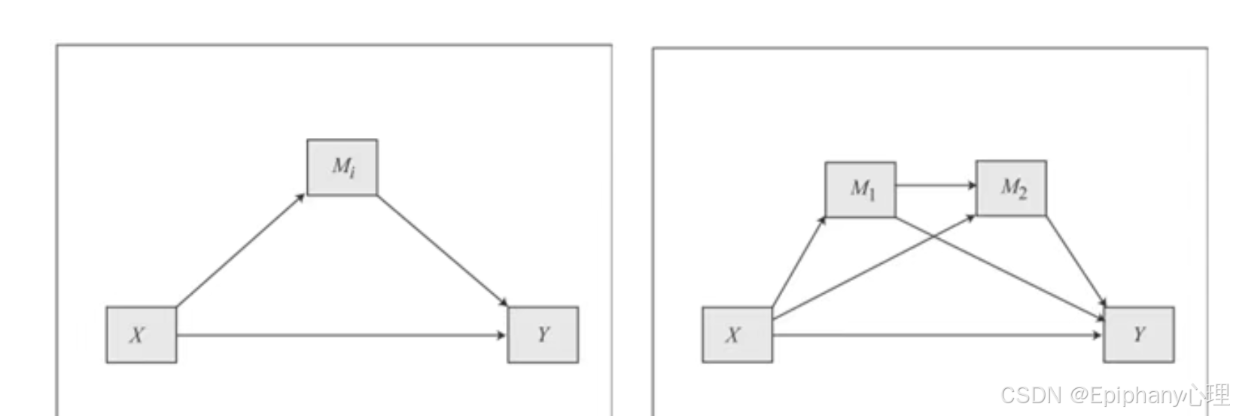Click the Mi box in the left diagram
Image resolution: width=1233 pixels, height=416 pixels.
pyautogui.click(x=342, y=167)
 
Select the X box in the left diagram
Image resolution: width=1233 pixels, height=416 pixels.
pyautogui.click(x=141, y=335)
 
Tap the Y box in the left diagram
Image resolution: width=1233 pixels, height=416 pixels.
pyautogui.click(x=543, y=335)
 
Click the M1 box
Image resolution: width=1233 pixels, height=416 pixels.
pyautogui.click(x=860, y=190)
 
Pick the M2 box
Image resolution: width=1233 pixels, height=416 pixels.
pyautogui.click(x=1011, y=188)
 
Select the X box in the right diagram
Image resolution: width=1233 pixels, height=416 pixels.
pyautogui.click(x=737, y=335)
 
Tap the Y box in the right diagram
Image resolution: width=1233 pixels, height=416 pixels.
pyautogui.click(x=1138, y=335)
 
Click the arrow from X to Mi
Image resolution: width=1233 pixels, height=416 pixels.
pyautogui.click(x=241, y=251)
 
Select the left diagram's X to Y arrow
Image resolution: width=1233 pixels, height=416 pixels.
pyautogui.click(x=341, y=335)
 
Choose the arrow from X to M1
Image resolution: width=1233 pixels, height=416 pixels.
pyautogui.click(x=799, y=262)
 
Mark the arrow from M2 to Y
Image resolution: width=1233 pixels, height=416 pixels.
pyautogui.click(x=1075, y=261)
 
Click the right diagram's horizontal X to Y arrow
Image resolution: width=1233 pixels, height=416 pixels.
pyautogui.click(x=937, y=335)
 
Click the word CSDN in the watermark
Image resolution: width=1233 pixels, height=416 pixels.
pyautogui.click(x=1031, y=396)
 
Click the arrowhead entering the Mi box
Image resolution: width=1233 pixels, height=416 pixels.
pyautogui.click(x=301, y=197)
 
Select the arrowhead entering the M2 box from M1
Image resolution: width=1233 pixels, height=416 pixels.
pyautogui.click(x=973, y=185)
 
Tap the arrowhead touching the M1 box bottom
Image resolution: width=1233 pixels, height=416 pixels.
pyautogui.click(x=824, y=219)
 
